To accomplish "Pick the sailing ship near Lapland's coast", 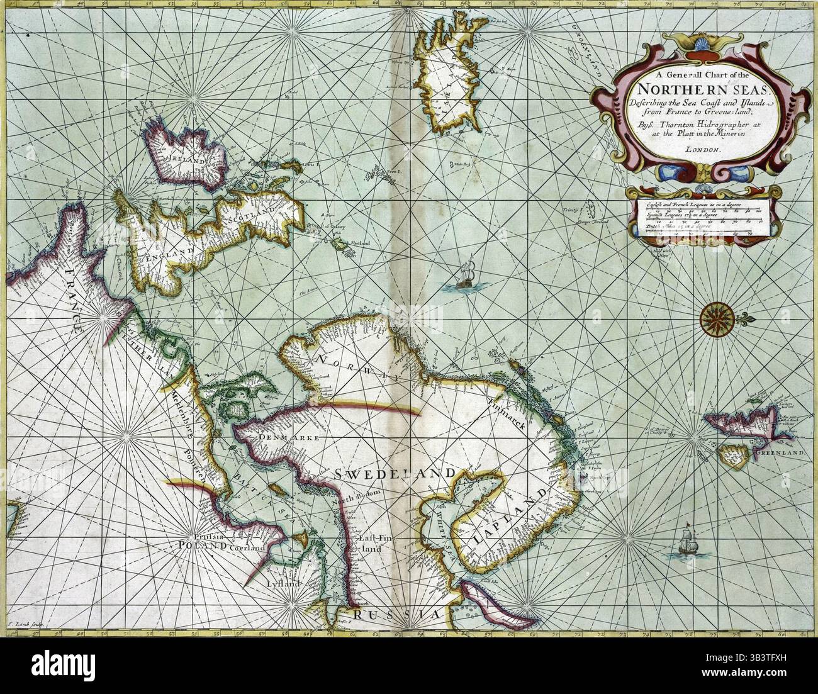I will tap(686, 541).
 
